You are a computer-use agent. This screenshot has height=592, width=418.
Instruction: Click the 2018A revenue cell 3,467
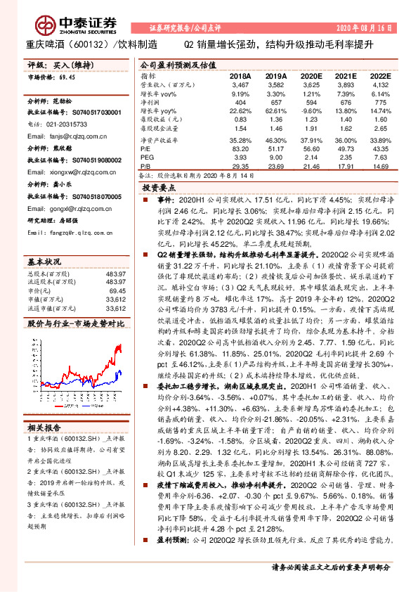[240, 84]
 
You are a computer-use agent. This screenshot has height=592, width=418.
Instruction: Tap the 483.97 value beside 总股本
[115, 274]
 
